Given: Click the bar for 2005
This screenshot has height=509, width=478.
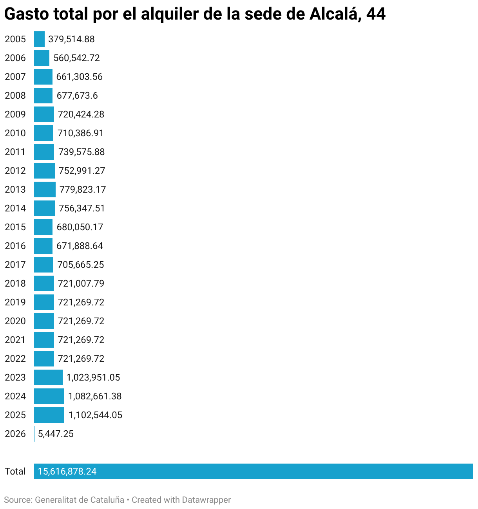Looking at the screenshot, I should coord(39,39).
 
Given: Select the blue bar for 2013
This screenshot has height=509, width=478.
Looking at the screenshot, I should coord(45,190).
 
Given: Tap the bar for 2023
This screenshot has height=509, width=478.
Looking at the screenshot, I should coord(48,377).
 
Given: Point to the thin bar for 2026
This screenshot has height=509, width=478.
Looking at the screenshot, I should coord(34,434).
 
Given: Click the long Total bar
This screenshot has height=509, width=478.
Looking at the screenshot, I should coord(253,471).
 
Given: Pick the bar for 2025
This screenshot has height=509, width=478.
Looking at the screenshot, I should coord(49,415).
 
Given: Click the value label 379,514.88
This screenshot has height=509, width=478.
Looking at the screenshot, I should coord(71,39).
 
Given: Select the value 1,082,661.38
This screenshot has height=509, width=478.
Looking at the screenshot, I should coord(95,396).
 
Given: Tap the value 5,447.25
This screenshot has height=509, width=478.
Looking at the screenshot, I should coord(56,434).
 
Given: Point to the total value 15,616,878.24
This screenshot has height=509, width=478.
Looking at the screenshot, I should coord(67,471).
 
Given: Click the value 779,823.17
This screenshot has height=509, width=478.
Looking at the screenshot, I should coord(83,190).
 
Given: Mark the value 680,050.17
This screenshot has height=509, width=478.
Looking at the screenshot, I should coord(80,227).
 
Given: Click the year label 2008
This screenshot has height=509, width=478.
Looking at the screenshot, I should coord(15,96).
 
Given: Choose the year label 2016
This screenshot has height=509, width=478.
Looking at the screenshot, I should coord(15,246).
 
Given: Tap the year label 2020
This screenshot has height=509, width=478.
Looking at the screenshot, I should coord(15,321).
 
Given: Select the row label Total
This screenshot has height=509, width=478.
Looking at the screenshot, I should coord(15,471).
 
